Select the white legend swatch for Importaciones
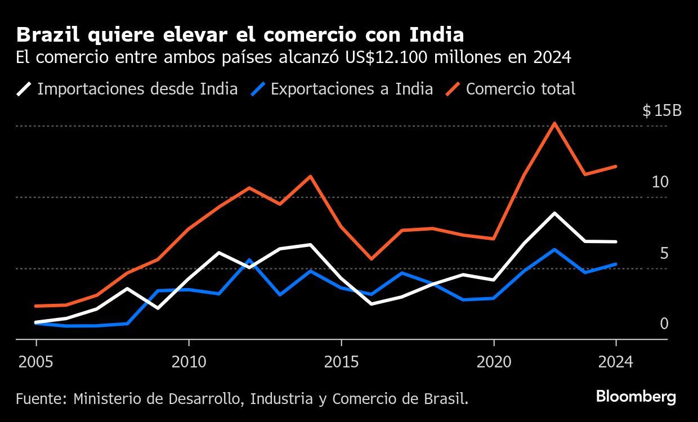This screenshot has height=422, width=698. point(24,89)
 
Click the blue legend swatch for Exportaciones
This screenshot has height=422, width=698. point(258,89)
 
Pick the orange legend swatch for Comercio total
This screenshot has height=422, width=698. point(453,89)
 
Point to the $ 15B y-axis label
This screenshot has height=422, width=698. point(661,111)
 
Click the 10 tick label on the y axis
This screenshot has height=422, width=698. point(660,182)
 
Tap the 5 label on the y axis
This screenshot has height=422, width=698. point(664,253)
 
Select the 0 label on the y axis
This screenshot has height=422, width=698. point(664,324)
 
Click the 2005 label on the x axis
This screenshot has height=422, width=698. point(37,361)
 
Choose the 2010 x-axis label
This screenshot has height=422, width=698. point(189,361)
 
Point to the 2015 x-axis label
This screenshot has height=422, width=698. point(341,361)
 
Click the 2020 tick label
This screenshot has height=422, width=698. point(494,361)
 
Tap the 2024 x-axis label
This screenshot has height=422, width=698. point(616,361)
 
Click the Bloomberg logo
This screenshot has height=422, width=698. point(636,397)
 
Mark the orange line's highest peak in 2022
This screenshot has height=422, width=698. point(555,123)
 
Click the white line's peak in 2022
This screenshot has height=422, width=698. point(555,213)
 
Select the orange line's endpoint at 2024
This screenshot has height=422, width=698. point(616,167)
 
